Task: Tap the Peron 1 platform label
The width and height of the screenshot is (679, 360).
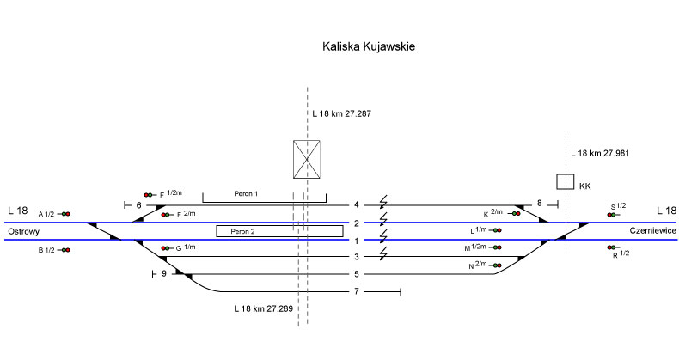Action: pos(246,195)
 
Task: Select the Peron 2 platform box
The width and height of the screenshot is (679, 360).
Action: pos(279,231)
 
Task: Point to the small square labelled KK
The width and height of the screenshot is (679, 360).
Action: pos(565,181)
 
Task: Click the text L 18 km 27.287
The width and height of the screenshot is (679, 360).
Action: pos(341,113)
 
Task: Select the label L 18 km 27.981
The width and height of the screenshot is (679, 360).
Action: pos(600,154)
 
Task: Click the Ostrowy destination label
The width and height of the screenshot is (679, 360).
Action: pos(24,232)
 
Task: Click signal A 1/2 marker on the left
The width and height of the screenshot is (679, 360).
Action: pos(65,214)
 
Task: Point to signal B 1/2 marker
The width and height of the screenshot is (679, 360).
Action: pos(65,250)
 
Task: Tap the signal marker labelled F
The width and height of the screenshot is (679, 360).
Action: pos(150,196)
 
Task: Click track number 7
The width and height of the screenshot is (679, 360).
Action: pos(356,293)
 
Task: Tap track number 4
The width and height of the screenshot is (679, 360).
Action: pos(356,205)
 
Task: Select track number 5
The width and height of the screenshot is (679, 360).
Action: pos(356,275)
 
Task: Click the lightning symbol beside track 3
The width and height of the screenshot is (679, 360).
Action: pos(383,253)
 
